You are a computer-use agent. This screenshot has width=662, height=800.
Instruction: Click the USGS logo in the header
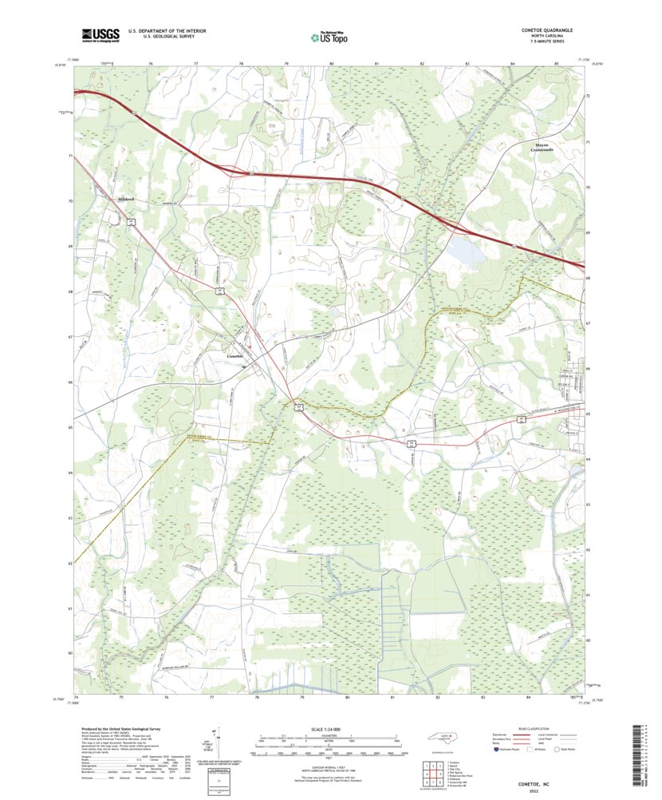[x=100, y=34]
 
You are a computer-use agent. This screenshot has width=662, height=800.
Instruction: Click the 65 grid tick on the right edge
[x=589, y=414]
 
